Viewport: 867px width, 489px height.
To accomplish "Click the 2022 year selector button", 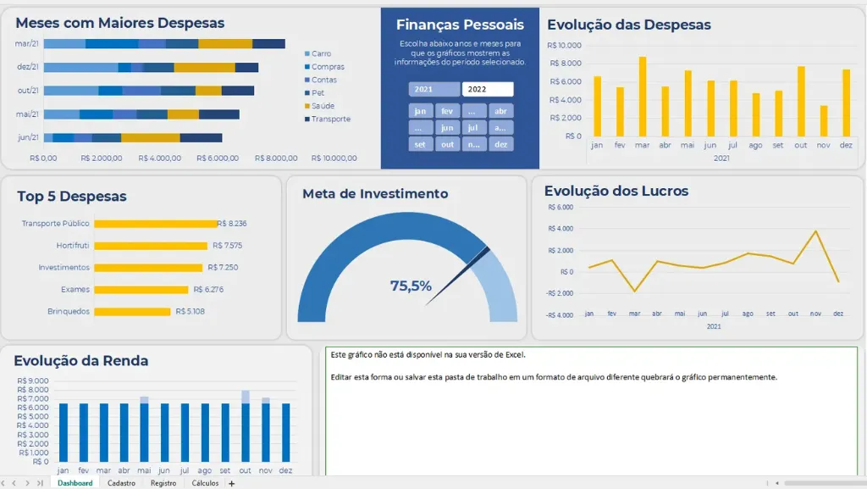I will (x=488, y=89).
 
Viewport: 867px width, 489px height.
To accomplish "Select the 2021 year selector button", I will (x=434, y=89).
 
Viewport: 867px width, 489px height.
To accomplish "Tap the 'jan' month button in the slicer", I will (x=420, y=111).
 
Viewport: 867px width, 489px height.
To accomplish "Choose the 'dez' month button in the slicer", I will (x=501, y=144).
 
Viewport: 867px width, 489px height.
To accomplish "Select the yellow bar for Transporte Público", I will (x=155, y=224).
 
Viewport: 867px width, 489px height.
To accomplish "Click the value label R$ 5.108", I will (x=190, y=311).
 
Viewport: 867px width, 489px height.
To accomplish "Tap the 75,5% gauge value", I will (x=411, y=286).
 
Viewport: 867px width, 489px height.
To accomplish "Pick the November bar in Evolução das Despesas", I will (x=824, y=120).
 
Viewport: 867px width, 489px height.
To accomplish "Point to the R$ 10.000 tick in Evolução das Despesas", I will (x=564, y=45).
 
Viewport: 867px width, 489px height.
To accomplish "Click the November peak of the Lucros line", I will (x=816, y=231).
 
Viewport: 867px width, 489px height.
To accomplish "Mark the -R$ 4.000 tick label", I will (x=560, y=314).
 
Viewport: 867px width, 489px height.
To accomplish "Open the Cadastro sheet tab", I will (x=121, y=483).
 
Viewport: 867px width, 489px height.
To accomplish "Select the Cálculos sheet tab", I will (x=205, y=483).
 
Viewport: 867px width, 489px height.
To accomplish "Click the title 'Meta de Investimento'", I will (x=375, y=194).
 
